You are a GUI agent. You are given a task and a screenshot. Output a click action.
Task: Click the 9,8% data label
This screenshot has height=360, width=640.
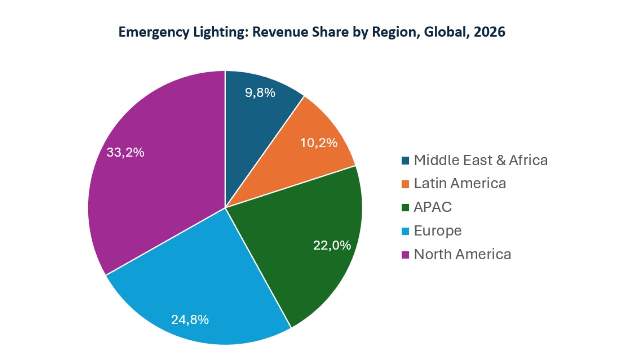[x=260, y=92]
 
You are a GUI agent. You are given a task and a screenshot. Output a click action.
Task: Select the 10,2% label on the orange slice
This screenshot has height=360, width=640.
[x=319, y=143]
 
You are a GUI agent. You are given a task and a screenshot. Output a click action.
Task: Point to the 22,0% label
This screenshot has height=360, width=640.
[x=332, y=245]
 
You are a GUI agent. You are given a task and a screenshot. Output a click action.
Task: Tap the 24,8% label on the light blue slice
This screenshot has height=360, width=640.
[x=190, y=320]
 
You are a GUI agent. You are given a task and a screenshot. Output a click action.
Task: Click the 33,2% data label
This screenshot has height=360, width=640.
[x=125, y=152]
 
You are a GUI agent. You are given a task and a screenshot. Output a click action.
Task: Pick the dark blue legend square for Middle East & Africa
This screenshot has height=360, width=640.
[x=405, y=161]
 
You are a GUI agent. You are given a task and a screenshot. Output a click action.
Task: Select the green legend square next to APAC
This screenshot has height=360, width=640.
[x=405, y=208]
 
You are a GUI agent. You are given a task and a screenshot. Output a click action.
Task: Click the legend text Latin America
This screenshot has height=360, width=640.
[x=460, y=183]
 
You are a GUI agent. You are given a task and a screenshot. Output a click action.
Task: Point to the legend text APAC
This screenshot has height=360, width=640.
[x=433, y=207]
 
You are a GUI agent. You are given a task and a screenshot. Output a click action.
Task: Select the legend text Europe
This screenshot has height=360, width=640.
[x=438, y=231]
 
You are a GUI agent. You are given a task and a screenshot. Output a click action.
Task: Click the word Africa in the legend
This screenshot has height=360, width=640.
[x=528, y=160]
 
